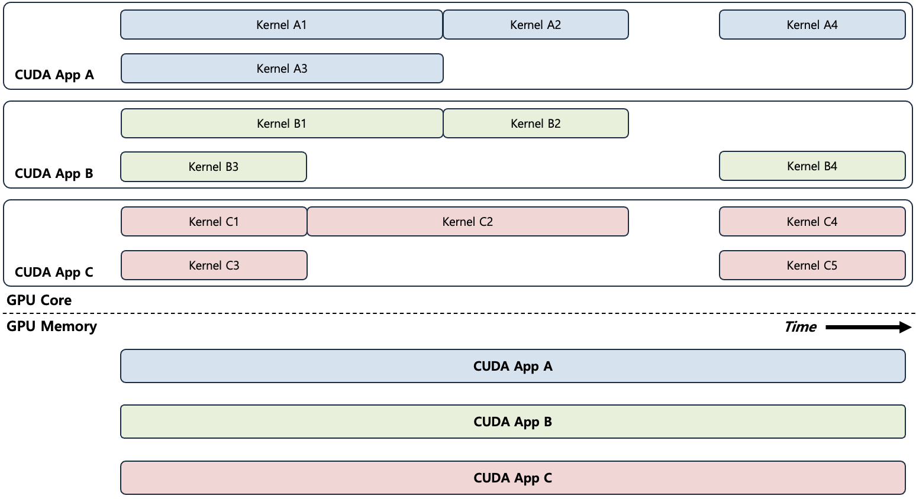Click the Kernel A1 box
(x=281, y=25)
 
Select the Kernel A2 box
(x=536, y=25)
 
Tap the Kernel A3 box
(x=282, y=69)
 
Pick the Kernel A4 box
(x=812, y=25)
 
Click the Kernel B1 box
(x=282, y=124)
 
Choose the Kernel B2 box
(x=536, y=124)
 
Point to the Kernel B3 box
(x=214, y=167)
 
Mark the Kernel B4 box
(x=812, y=166)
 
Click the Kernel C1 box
(x=214, y=222)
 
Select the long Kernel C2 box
(x=467, y=222)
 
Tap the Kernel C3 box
(x=214, y=265)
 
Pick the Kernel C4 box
(x=812, y=222)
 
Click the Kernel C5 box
(x=812, y=265)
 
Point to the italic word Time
(x=800, y=327)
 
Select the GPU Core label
(x=39, y=300)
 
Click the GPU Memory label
(x=51, y=326)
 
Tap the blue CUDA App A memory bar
(x=512, y=367)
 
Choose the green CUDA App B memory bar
(x=512, y=422)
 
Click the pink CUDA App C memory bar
(x=512, y=478)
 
